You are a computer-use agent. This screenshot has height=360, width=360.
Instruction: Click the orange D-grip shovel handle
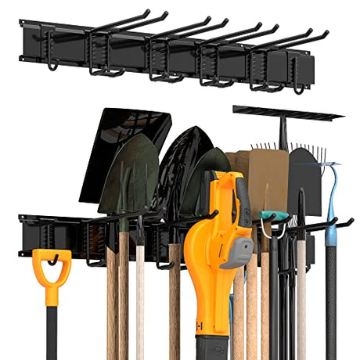[x=51, y=270]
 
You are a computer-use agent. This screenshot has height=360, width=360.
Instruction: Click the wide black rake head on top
[x=287, y=113]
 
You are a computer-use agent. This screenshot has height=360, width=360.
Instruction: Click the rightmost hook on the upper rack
[x=301, y=78]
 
